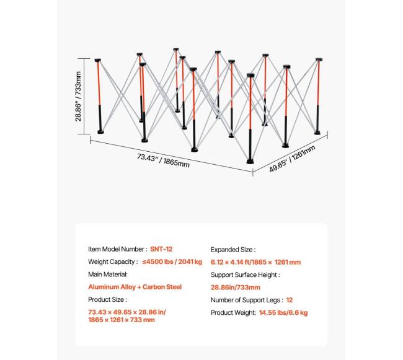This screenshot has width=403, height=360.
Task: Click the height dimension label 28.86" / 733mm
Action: click(x=78, y=96)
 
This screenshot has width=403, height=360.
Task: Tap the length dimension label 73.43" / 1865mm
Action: click(x=163, y=160)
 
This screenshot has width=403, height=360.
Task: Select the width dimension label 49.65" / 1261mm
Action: click(x=292, y=159)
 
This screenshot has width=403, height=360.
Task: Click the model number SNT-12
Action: click(x=161, y=249)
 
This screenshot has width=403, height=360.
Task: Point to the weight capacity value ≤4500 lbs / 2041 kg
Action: click(x=172, y=261)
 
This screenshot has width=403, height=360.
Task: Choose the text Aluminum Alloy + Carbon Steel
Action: click(x=135, y=287)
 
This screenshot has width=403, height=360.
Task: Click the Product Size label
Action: click(x=107, y=300)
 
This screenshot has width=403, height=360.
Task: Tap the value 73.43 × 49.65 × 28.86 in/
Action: click(x=127, y=312)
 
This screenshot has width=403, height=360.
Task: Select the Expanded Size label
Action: click(x=233, y=250)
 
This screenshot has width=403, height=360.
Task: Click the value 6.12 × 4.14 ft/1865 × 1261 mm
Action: click(x=255, y=262)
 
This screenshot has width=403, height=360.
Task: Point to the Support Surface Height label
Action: click(x=245, y=274)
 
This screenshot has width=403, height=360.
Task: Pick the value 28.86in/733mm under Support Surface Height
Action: click(x=236, y=288)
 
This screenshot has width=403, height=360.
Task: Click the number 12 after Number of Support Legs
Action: click(x=290, y=300)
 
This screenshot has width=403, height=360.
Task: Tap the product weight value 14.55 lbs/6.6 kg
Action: click(x=283, y=312)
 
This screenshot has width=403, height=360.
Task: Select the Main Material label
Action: click(x=108, y=274)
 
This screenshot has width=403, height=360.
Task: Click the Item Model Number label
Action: click(x=118, y=249)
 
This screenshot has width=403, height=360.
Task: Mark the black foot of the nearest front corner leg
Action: click(x=250, y=162)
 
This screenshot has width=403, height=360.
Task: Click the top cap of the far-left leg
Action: click(x=98, y=60)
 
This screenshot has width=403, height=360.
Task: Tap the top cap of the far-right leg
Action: click(x=319, y=59)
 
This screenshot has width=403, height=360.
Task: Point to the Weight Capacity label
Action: click(x=113, y=261)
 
